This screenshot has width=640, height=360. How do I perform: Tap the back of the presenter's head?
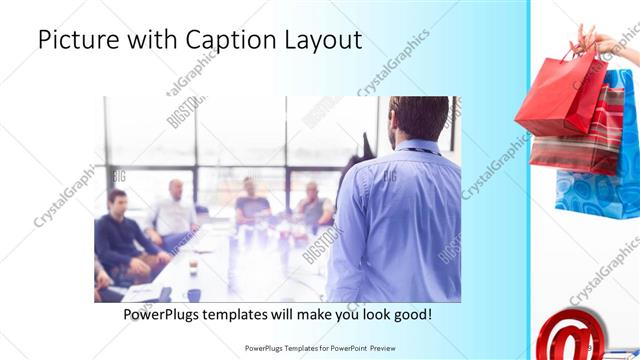pos(418,117)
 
